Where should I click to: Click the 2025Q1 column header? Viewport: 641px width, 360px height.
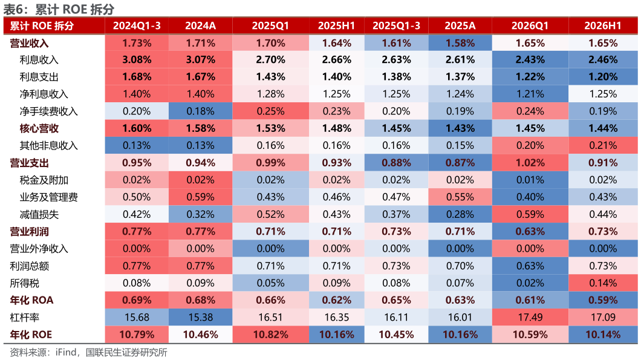pyautogui.click(x=270, y=26)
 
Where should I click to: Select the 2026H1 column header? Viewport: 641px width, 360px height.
pyautogui.click(x=602, y=26)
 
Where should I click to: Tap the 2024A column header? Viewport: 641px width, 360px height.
pyautogui.click(x=200, y=26)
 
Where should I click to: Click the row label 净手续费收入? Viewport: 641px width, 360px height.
pyautogui.click(x=48, y=111)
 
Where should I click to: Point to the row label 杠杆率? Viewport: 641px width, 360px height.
pyautogui.click(x=25, y=318)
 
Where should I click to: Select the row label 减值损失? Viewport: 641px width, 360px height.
pyautogui.click(x=39, y=214)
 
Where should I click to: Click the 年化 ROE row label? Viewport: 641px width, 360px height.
pyautogui.click(x=31, y=335)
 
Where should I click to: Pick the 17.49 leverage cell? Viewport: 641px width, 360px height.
pyautogui.click(x=530, y=318)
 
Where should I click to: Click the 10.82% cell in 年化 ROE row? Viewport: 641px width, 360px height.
pyautogui.click(x=270, y=335)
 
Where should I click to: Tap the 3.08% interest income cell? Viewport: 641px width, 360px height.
pyautogui.click(x=137, y=60)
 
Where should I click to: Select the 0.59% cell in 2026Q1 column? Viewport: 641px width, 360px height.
pyautogui.click(x=530, y=214)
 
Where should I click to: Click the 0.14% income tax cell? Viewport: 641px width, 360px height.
pyautogui.click(x=602, y=283)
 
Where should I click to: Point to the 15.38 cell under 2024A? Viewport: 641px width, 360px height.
pyautogui.click(x=200, y=318)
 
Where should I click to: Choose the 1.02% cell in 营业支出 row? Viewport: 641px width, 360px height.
pyautogui.click(x=530, y=163)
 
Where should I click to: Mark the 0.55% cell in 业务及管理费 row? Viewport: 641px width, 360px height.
pyautogui.click(x=460, y=197)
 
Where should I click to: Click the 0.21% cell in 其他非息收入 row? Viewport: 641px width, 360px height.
pyautogui.click(x=602, y=146)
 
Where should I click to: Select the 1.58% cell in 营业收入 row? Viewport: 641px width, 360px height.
pyautogui.click(x=460, y=43)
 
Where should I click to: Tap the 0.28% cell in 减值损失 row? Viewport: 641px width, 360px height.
pyautogui.click(x=460, y=214)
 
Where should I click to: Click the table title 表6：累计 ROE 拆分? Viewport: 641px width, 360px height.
pyautogui.click(x=59, y=8)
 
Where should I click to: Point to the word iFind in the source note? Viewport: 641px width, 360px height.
pyautogui.click(x=66, y=352)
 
